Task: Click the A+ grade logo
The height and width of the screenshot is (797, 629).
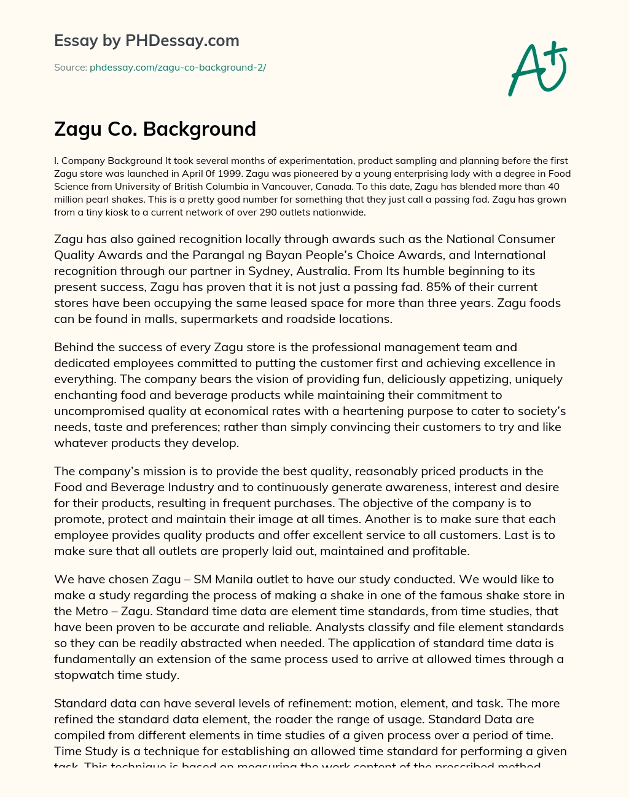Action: pos(537,69)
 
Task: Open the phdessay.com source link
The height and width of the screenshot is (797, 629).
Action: pos(178,68)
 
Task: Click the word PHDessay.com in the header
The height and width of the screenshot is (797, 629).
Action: pos(182,41)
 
